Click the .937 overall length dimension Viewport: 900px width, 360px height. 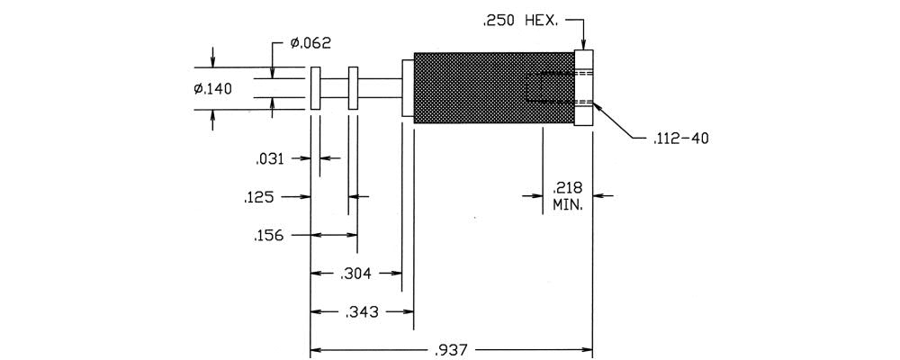click(x=452, y=349)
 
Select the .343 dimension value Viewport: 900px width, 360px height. click(x=361, y=312)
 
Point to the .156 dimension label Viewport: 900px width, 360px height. click(x=269, y=236)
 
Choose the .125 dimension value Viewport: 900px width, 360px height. click(x=259, y=197)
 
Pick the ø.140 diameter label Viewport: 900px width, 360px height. click(x=212, y=88)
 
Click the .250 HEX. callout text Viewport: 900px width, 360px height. click(x=518, y=19)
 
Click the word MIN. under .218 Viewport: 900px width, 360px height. click(x=568, y=205)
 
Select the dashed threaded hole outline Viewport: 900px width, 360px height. click(x=549, y=88)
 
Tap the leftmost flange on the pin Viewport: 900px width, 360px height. click(x=315, y=88)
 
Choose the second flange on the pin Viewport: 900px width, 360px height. click(x=353, y=88)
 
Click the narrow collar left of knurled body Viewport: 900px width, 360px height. click(x=407, y=88)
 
